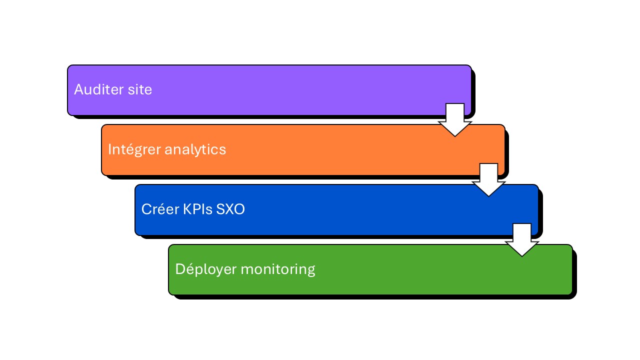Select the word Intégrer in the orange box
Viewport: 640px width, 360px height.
pos(134,149)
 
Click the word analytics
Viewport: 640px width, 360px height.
pos(195,149)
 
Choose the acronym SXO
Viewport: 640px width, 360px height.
pos(230,209)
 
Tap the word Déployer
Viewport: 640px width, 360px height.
pos(205,269)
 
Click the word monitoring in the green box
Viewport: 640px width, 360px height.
pos(278,269)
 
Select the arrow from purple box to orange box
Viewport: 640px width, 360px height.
pos(455,120)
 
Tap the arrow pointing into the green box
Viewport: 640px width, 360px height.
pos(522,240)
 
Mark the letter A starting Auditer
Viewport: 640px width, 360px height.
pos(78,89)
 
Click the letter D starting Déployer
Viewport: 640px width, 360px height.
pos(179,269)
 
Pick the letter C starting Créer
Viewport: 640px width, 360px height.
pos(145,209)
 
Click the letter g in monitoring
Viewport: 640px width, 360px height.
pos(310,271)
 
